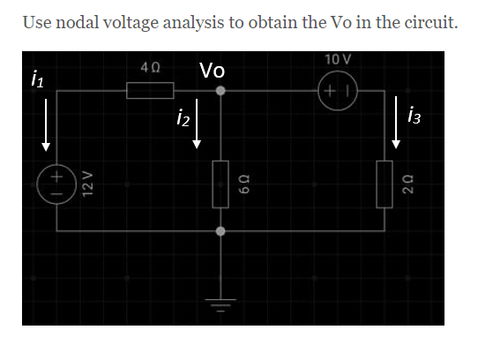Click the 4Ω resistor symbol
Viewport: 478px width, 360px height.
click(x=149, y=89)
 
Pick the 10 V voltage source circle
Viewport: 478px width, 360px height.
click(x=338, y=90)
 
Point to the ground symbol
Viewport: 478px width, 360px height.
click(x=220, y=304)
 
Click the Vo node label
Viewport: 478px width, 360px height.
click(x=212, y=70)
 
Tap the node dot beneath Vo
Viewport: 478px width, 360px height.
click(x=220, y=90)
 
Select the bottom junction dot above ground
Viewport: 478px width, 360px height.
click(x=220, y=230)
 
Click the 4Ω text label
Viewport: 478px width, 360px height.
click(x=149, y=68)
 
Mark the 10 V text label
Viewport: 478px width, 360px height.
click(x=337, y=60)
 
